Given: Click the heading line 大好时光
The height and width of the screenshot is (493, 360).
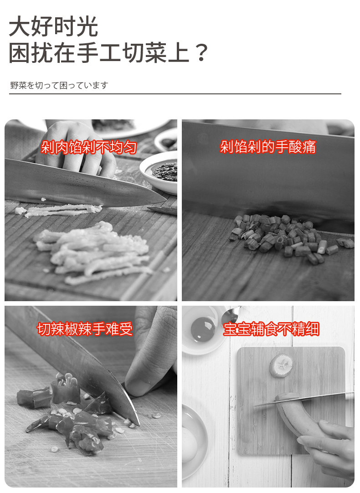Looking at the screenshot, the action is point(53,26).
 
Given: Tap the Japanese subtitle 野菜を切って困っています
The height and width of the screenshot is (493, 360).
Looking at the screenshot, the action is point(59,85).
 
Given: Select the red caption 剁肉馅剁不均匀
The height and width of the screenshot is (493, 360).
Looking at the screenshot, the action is point(89,147).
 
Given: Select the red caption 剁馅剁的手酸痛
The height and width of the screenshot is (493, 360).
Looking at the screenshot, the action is point(268,147).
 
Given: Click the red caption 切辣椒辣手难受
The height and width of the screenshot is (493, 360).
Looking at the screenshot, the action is point(85,329).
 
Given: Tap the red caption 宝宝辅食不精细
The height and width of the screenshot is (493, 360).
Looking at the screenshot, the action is point(271,329).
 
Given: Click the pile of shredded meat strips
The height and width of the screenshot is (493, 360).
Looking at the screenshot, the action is point(93,252).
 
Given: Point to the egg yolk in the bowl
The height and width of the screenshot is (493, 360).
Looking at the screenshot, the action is point(202,328).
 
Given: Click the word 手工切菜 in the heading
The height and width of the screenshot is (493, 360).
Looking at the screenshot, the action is point(122,52).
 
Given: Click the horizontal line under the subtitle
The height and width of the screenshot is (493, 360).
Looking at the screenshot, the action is point(175,94).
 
